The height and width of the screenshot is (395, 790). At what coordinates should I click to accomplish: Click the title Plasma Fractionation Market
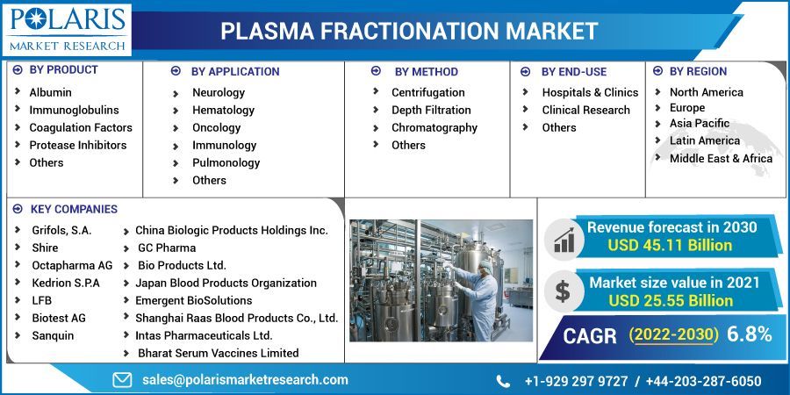409,31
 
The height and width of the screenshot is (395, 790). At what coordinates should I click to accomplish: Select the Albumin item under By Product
50,92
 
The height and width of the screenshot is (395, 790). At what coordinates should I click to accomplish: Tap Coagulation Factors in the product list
81,127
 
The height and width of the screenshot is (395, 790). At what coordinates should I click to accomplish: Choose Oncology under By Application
216,127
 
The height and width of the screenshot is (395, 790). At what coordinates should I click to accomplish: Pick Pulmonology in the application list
226,162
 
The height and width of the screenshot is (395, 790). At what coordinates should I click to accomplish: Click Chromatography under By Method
434,127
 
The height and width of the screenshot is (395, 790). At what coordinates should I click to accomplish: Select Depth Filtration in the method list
430,110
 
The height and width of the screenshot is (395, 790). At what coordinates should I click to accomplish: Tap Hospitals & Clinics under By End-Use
590,92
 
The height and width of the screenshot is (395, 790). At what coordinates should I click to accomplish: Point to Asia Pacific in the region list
699,124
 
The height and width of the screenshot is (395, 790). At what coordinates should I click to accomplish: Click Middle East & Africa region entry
721,159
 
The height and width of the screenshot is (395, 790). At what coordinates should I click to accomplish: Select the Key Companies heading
74,209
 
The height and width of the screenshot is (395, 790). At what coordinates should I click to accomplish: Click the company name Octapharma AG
72,265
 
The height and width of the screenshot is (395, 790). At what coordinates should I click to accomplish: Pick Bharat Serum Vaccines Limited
218,353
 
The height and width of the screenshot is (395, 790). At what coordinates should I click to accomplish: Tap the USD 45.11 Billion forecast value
670,245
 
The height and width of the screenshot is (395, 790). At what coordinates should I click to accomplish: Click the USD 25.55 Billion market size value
671,300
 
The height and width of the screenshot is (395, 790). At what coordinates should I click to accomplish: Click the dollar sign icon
563,291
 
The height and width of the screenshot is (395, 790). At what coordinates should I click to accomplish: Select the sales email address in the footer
245,380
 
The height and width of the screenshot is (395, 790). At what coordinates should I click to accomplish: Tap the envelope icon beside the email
122,380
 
